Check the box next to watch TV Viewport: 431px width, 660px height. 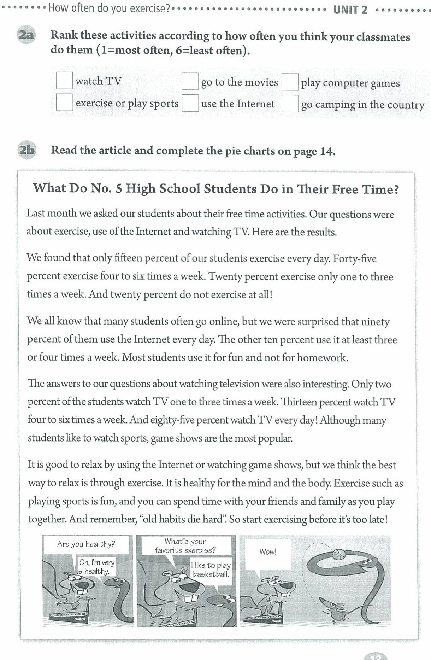point(64,81)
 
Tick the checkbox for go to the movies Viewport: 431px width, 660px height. point(190,81)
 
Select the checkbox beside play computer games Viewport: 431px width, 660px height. point(290,82)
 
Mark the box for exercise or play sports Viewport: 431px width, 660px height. point(64,102)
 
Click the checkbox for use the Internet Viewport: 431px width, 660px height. point(190,103)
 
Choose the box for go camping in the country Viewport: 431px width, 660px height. point(290,104)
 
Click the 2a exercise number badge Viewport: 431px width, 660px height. point(26,35)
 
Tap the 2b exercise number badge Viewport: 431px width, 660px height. point(26,150)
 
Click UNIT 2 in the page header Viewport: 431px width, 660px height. point(350,10)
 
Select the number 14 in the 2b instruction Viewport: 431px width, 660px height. point(327,152)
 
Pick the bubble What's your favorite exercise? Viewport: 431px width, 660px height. point(185,546)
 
